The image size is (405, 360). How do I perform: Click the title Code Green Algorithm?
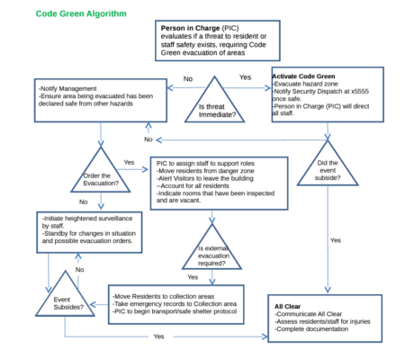(81, 14)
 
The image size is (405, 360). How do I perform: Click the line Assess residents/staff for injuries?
(323, 321)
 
